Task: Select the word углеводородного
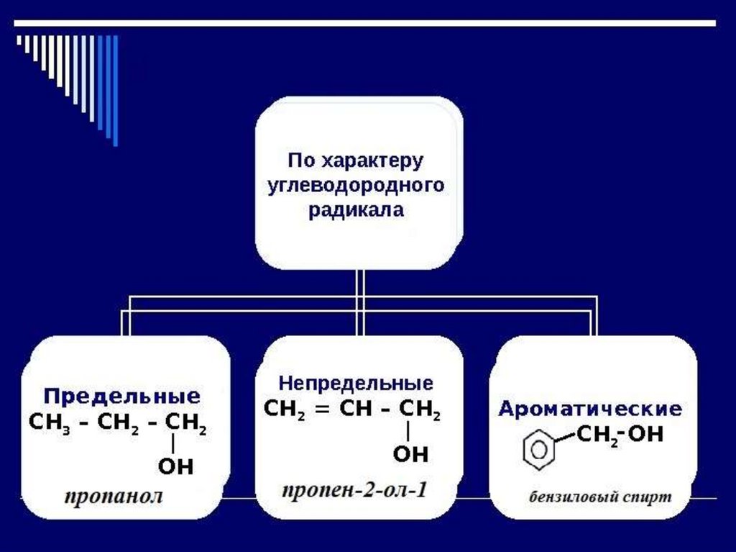[356, 185]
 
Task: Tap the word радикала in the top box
[356, 211]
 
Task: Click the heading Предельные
[122, 396]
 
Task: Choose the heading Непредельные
[356, 381]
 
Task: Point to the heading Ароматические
[590, 410]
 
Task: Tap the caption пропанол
[114, 496]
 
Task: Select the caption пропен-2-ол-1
[354, 491]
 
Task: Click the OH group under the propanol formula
[175, 466]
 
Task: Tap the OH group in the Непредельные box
[410, 454]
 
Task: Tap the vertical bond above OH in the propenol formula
[408, 431]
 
